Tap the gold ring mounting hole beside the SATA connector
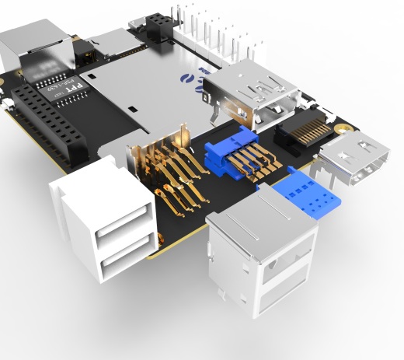coord(340,122)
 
